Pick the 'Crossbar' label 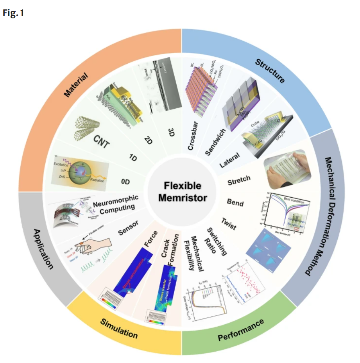tap(194, 137)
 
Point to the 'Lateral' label tap(236, 161)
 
